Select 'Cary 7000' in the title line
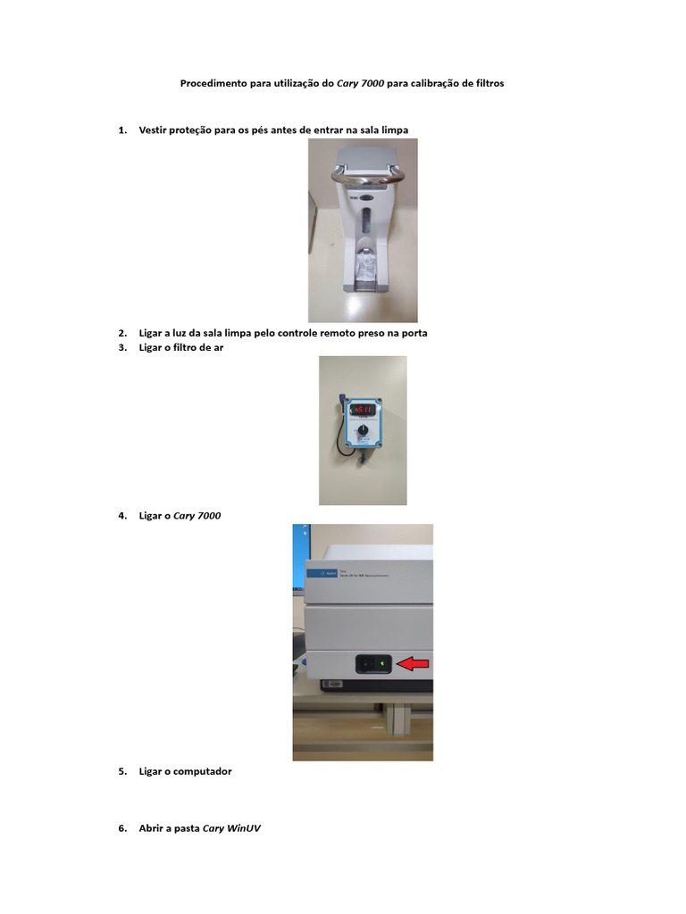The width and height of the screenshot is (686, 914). (x=360, y=83)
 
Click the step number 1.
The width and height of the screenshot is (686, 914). (x=121, y=130)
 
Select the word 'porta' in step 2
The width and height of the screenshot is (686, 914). (x=414, y=334)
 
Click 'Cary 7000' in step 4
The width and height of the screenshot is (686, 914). (x=197, y=516)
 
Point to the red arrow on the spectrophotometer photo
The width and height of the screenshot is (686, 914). (x=413, y=663)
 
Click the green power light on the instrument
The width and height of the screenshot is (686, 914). (x=381, y=663)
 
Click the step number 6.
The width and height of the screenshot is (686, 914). (x=121, y=828)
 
